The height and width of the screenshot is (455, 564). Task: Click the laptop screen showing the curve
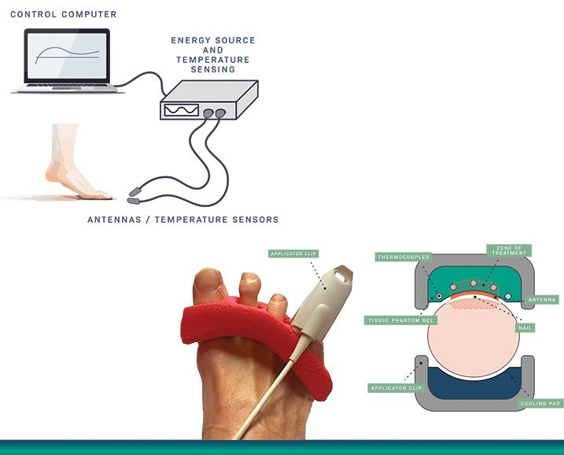click(67, 55)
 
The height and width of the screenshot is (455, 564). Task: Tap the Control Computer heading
click(64, 14)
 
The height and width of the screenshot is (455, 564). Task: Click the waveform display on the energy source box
click(181, 110)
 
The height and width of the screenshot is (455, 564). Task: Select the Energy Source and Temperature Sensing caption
click(213, 55)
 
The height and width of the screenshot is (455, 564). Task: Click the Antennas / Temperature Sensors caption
click(183, 220)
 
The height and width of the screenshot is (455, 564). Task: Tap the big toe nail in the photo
click(209, 281)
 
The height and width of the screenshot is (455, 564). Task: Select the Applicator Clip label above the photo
click(293, 253)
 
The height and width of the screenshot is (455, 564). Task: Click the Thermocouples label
click(404, 257)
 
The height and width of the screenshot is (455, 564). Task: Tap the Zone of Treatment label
click(509, 250)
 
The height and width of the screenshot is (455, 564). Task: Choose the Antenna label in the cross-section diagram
click(542, 300)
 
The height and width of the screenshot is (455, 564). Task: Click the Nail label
click(525, 328)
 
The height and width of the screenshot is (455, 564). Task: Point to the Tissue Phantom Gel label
click(400, 320)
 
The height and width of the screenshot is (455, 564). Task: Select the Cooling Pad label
click(540, 404)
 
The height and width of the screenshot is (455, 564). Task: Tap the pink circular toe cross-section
click(474, 338)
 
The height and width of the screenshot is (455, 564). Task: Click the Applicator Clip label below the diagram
click(396, 388)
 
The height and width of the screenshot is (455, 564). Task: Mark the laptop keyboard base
click(67, 88)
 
